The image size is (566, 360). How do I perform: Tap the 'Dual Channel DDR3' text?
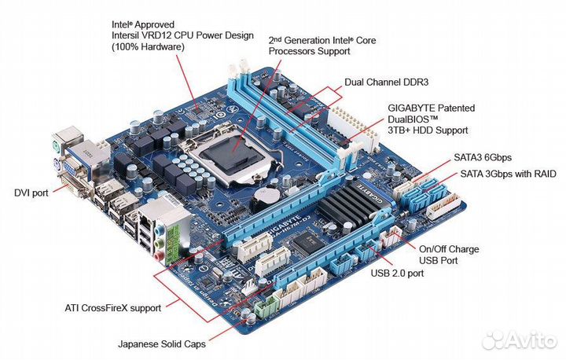pos(385,82)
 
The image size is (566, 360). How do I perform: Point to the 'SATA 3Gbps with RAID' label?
pos(507,173)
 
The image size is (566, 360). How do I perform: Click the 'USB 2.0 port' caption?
pos(397,274)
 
